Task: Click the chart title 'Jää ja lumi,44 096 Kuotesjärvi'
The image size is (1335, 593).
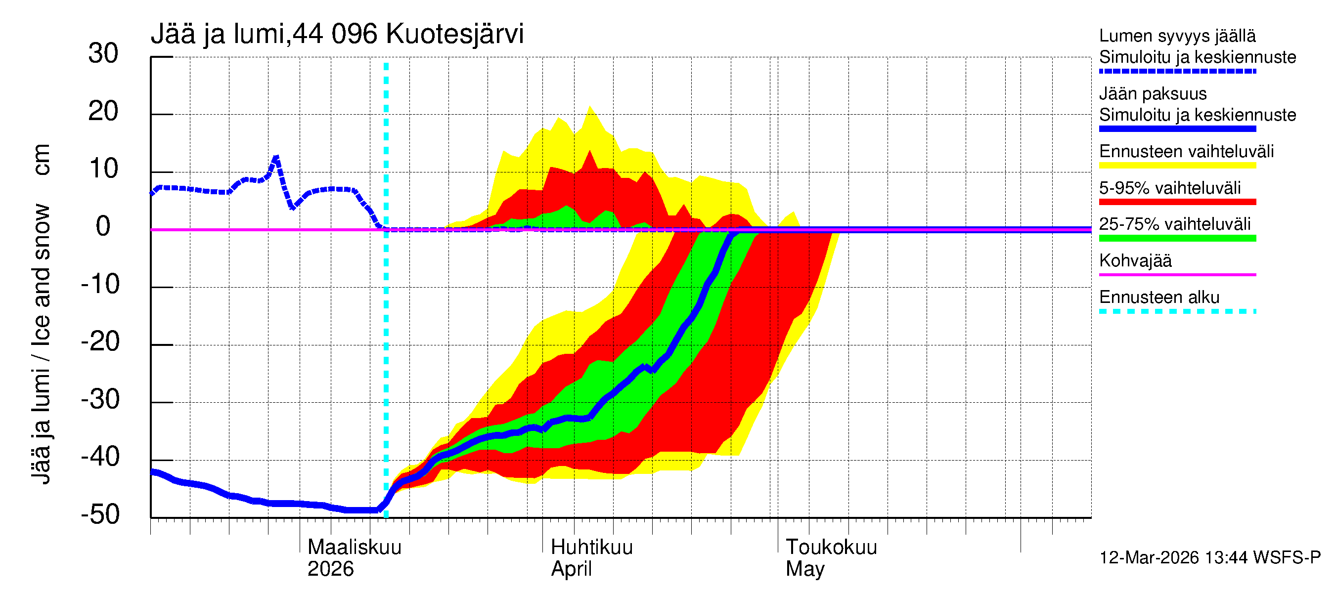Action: tap(337, 34)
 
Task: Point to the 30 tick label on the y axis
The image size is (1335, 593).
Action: tap(103, 54)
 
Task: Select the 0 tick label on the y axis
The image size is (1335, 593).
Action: tap(103, 227)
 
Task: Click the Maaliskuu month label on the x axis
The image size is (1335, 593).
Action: tap(355, 548)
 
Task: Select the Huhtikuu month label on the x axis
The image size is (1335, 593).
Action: tap(591, 548)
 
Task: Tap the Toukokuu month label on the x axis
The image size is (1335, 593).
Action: tap(831, 548)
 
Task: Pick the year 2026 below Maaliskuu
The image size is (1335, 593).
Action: tap(330, 569)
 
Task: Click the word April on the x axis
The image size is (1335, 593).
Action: tap(571, 569)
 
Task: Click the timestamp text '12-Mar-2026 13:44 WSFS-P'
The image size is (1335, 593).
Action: tap(1209, 558)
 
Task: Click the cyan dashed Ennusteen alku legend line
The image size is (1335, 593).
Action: tap(1177, 312)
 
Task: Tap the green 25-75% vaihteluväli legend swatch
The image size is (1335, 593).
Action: tap(1177, 238)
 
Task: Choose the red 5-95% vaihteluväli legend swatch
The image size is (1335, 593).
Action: tap(1177, 202)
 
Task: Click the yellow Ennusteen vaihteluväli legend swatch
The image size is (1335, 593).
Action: tap(1177, 166)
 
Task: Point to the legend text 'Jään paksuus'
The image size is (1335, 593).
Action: tap(1153, 94)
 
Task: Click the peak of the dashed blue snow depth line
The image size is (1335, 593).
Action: tap(276, 157)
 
